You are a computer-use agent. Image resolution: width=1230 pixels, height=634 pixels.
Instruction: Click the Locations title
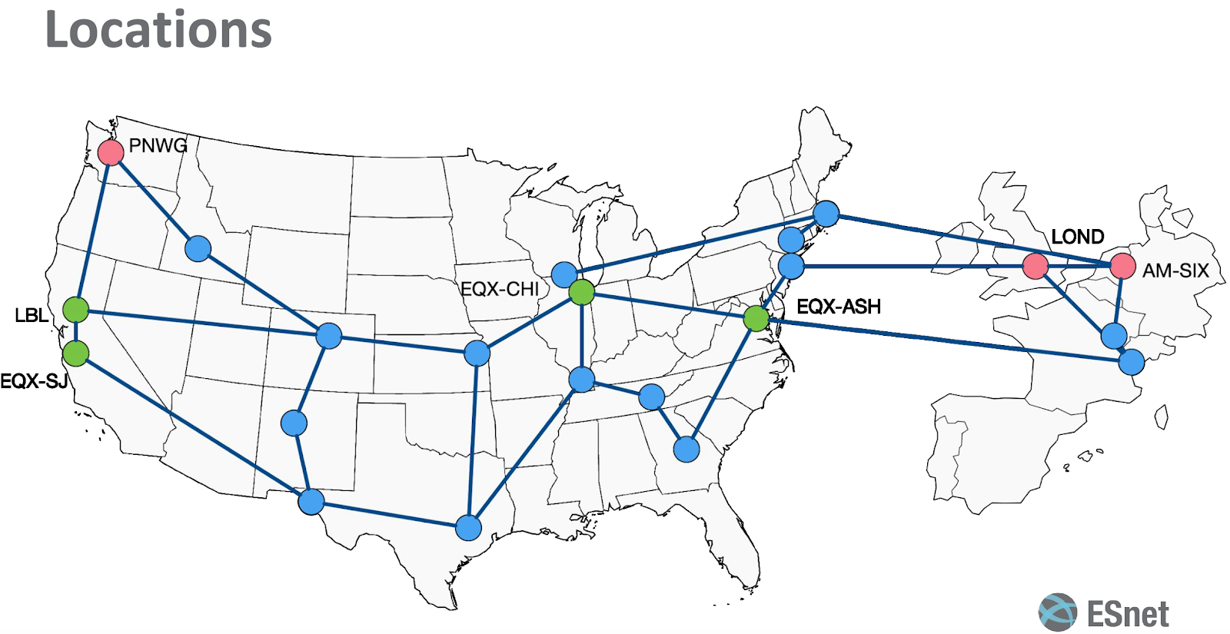158,30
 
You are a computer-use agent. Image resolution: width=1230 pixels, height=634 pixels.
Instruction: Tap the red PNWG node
111,152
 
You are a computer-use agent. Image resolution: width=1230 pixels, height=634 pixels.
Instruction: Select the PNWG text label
158,145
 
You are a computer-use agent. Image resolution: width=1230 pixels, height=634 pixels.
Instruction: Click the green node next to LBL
75,310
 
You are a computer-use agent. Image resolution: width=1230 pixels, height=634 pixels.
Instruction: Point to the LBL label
32,315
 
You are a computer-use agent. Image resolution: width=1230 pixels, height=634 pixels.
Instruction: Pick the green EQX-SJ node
75,354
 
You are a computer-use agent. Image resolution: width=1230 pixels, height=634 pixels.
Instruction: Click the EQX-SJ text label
34,381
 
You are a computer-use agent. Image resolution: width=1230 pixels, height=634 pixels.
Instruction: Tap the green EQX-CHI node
582,292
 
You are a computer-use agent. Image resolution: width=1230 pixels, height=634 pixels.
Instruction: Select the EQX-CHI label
500,289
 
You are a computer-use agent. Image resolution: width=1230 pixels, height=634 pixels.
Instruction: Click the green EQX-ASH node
756,317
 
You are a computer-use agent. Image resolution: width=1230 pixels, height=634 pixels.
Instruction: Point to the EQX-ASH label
839,307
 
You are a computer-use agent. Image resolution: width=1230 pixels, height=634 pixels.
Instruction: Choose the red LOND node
1036,267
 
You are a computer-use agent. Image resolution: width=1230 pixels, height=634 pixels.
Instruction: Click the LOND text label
1078,237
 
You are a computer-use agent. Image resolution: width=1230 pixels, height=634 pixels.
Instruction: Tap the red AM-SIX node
1122,267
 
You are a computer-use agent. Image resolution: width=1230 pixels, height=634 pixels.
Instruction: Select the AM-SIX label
1175,271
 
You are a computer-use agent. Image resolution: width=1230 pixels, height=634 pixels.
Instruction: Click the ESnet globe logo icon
1058,612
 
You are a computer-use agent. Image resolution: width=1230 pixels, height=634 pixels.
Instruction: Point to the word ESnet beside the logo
1128,614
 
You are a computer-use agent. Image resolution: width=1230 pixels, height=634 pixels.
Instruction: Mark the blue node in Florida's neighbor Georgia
686,449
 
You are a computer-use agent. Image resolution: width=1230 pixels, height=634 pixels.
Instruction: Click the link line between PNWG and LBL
93,231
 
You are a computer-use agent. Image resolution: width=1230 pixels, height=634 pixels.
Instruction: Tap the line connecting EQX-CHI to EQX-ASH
669,305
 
